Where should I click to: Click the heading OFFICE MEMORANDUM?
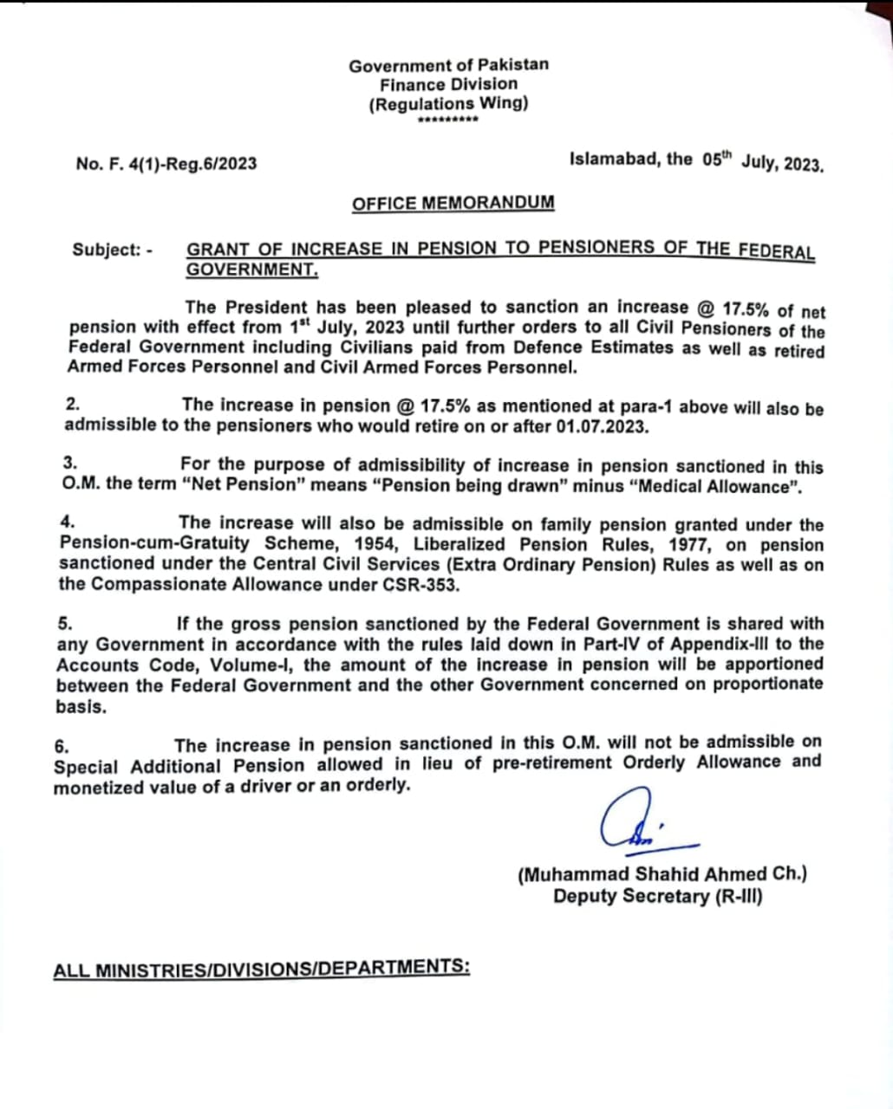coord(453,204)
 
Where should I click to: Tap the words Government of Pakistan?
coord(448,65)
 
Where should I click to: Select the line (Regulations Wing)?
coord(448,104)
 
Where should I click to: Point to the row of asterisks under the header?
coord(447,120)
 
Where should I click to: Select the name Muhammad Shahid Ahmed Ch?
coord(662,874)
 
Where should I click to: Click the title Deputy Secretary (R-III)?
coord(658,896)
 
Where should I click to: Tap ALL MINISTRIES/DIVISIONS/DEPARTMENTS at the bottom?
coord(261,969)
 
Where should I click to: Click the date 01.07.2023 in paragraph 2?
coord(599,426)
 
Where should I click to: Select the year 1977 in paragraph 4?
coord(690,545)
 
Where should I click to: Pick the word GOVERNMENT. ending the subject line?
coord(252,269)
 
